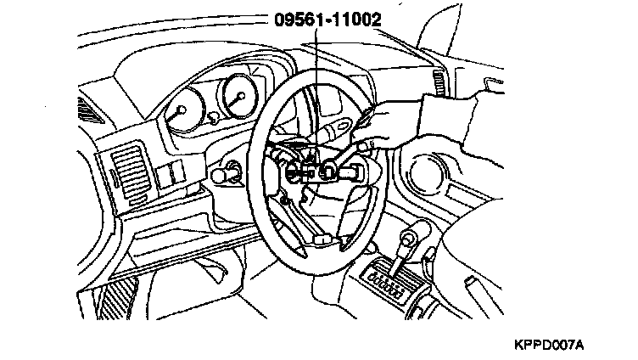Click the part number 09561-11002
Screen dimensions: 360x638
pos(322,16)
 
